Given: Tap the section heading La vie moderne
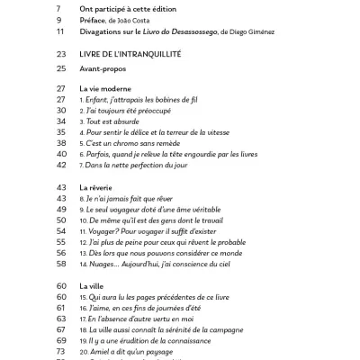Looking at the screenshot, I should [x=111, y=90].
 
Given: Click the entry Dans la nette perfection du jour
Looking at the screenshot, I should [x=148, y=165].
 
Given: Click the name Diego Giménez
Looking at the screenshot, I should [x=269, y=31].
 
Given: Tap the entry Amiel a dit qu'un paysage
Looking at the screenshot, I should [x=145, y=351].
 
